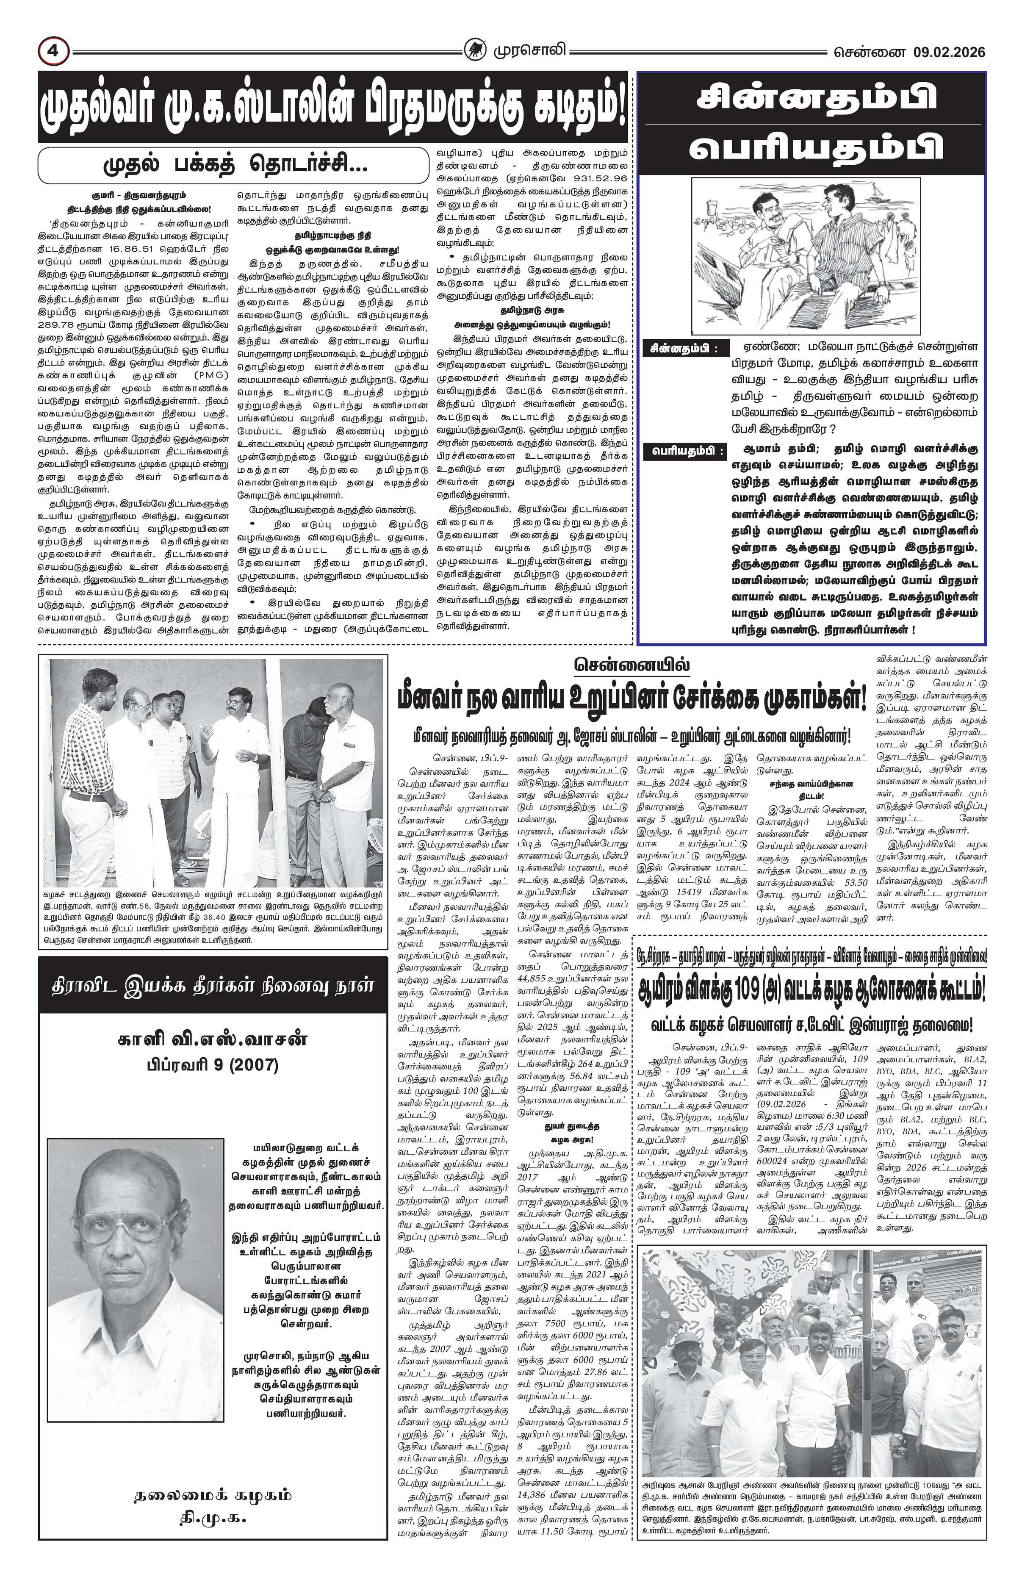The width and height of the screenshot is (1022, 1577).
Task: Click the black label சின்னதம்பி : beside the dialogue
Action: pos(684,348)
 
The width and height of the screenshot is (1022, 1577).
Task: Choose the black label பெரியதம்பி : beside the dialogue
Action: pos(684,451)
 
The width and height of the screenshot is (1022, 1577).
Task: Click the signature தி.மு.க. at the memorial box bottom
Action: pos(212,1518)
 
